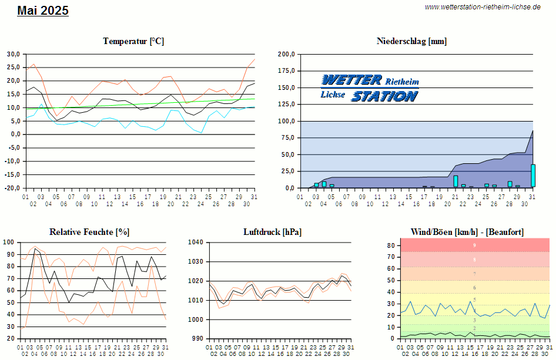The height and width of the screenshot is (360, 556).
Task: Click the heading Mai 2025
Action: pos(43,11)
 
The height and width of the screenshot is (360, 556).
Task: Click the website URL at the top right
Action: pos(482,7)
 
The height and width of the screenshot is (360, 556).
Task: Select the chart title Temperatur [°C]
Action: pos(133,41)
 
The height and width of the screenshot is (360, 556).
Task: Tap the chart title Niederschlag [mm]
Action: pos(411,41)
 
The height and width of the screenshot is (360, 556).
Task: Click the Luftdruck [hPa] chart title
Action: pos(272,232)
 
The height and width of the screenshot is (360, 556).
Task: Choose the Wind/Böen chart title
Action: pos(474,232)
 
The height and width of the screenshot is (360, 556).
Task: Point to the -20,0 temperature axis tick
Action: pos(12,188)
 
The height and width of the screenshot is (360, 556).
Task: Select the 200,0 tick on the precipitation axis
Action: pos(286,54)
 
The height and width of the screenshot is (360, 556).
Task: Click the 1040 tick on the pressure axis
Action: pos(196,242)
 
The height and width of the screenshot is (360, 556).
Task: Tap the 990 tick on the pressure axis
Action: pos(197,339)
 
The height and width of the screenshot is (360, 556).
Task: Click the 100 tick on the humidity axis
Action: pos(9,242)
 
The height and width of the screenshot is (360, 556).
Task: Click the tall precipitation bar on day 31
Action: pos(533,176)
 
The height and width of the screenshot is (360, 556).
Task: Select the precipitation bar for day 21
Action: pos(455,181)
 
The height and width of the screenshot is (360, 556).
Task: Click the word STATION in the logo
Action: pos(384,96)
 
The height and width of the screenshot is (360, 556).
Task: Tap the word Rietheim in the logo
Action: pos(402,81)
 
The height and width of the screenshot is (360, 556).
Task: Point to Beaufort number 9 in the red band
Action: pos(474,245)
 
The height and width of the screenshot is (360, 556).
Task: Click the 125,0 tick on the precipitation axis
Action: pos(286,105)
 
